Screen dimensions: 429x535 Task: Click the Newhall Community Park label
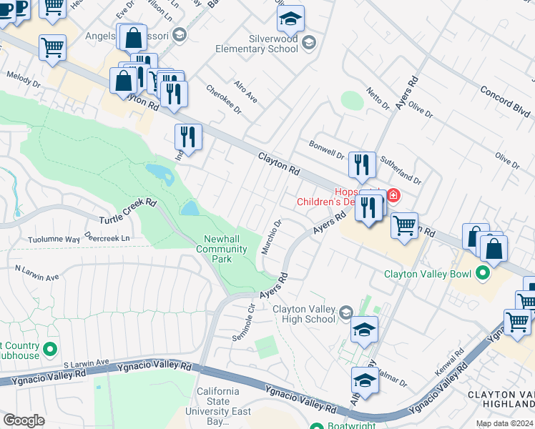coord(222,250)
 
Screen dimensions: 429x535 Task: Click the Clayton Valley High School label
coord(304,314)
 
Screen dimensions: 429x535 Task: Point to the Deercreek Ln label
coord(108,237)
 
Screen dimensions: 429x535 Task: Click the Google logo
coord(23,420)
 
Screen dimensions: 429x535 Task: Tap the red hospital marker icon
coord(393,195)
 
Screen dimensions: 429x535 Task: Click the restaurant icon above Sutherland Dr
coord(362,165)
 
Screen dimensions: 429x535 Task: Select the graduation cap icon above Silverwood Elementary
coord(290,18)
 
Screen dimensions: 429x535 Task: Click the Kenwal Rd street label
coord(449,364)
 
